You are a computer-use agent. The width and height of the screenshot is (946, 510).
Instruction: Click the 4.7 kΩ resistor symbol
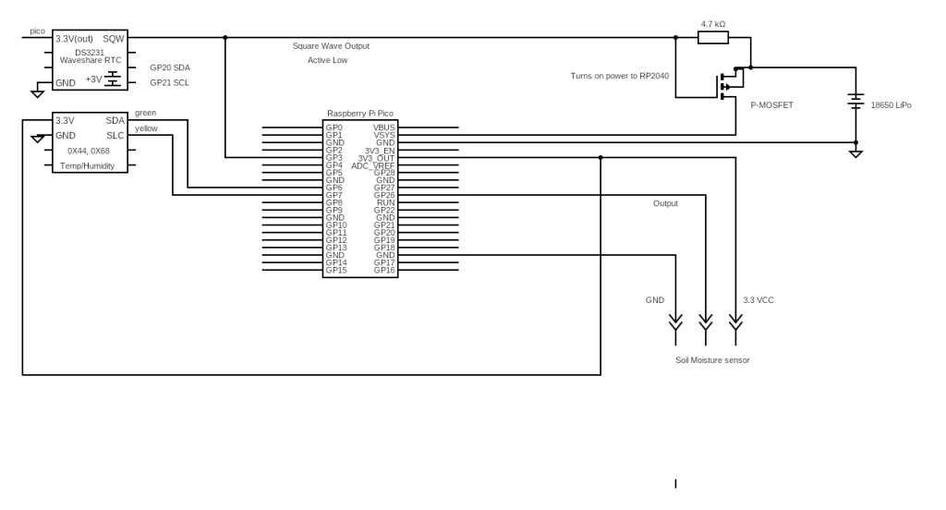tap(713, 38)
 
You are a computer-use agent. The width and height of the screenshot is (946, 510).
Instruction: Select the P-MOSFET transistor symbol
tap(729, 83)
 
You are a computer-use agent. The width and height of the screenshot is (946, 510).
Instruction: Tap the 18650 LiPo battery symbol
tap(855, 102)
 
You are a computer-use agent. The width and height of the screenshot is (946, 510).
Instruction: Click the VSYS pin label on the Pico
tap(383, 135)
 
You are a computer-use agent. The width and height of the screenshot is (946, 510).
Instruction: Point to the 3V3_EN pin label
tap(380, 151)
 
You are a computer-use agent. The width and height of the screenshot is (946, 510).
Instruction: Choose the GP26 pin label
tap(384, 195)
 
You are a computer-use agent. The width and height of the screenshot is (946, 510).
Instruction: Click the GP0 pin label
tap(334, 127)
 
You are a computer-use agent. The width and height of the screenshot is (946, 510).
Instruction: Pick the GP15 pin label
tap(336, 270)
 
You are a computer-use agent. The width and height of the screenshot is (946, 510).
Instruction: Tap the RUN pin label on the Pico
tap(385, 202)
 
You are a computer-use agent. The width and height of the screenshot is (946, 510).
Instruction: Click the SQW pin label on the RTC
tap(114, 39)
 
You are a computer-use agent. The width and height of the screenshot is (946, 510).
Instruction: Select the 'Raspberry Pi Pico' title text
tap(360, 114)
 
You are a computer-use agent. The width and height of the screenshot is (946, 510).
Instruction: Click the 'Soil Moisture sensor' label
tap(712, 359)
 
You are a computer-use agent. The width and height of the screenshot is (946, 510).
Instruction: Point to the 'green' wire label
tap(145, 113)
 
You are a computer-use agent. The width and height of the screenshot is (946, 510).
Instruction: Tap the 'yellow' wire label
tap(146, 128)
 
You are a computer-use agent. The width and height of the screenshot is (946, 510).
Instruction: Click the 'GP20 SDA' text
tap(170, 67)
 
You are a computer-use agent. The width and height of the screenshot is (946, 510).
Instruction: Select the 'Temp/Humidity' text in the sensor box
tap(87, 166)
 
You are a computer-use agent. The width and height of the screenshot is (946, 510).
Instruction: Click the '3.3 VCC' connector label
tap(758, 300)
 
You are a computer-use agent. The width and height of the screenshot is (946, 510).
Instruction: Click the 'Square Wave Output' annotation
tap(331, 46)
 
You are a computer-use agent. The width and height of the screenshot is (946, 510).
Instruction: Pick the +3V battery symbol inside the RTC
tap(112, 79)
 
